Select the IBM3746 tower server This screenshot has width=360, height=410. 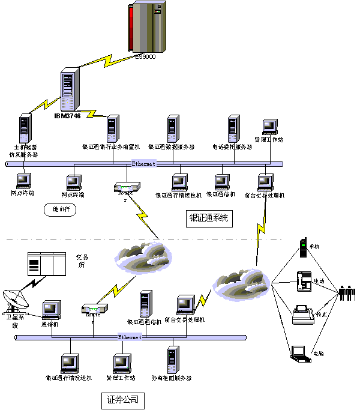[x=71, y=90]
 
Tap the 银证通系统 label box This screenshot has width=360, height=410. [x=209, y=218]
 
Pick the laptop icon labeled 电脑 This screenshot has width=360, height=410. [x=300, y=354]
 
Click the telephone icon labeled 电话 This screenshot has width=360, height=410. [x=304, y=281]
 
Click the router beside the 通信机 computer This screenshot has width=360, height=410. [x=94, y=309]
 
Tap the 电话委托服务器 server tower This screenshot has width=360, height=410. [x=233, y=129]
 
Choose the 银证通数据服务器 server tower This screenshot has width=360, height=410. [x=172, y=129]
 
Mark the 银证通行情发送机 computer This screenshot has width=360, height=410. [x=70, y=364]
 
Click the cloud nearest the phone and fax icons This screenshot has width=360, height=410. [x=240, y=282]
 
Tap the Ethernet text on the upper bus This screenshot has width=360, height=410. [x=143, y=163]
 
